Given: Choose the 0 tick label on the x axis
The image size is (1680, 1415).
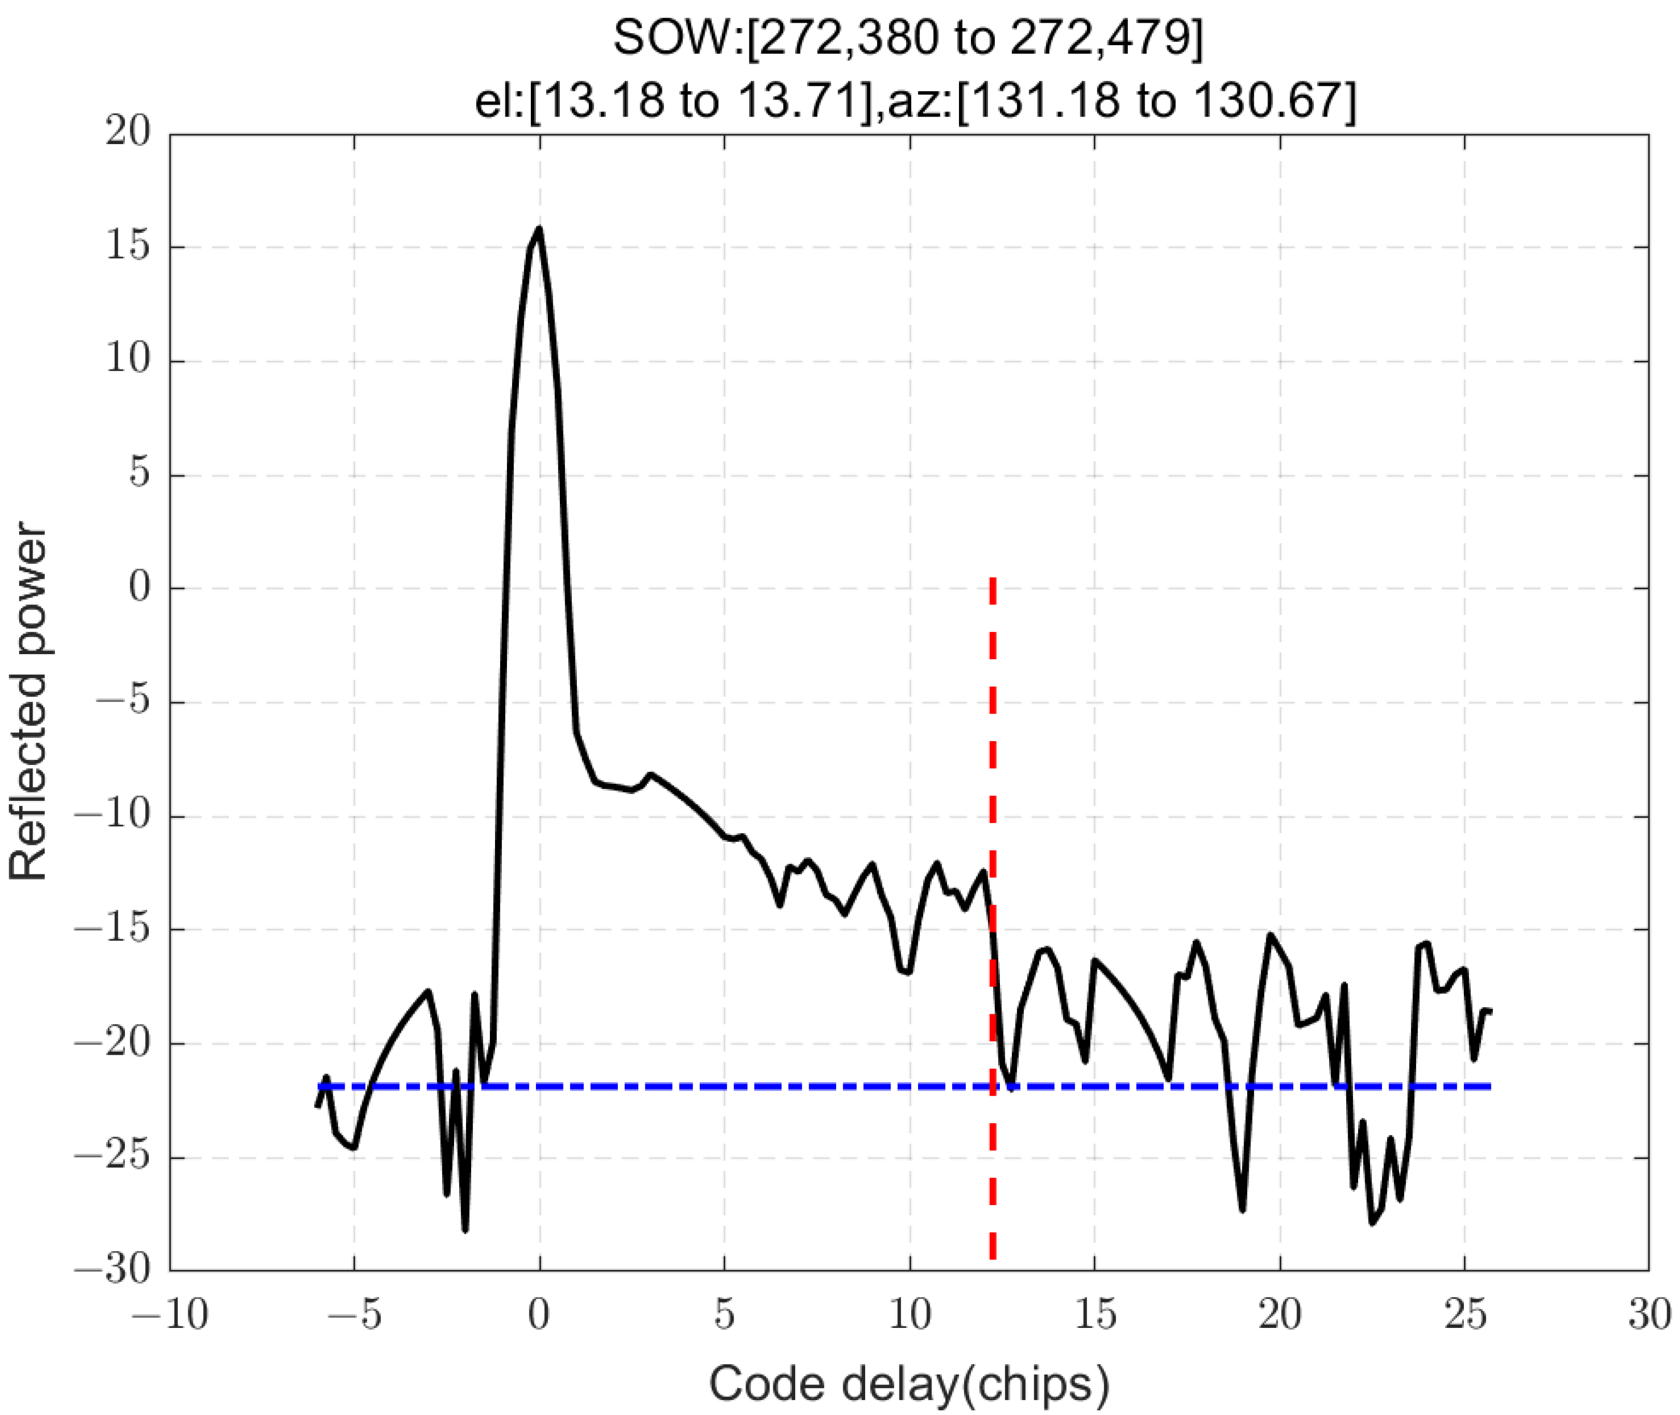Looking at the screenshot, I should click(539, 1315).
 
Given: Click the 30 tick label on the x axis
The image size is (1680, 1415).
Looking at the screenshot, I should click(1649, 1315).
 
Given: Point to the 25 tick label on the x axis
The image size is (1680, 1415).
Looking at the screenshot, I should click(1465, 1315).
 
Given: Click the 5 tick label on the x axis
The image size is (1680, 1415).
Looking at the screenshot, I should click(725, 1315).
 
